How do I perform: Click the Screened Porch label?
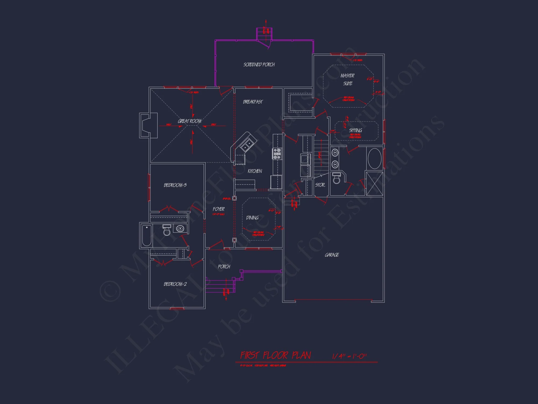259,65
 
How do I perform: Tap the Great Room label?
190,121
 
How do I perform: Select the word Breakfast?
253,102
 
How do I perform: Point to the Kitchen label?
255,171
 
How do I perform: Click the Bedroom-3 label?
175,185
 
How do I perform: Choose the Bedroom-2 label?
175,284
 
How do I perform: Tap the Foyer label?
218,209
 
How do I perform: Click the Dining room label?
252,218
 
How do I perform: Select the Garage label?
332,255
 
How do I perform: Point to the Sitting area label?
355,130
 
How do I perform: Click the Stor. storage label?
320,185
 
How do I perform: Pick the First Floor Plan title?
275,356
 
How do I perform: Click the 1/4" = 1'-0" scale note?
349,356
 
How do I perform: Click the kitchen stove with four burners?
277,154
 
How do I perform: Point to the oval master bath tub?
374,159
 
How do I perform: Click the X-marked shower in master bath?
374,184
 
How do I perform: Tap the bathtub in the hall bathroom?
147,235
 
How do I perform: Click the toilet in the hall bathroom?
167,230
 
